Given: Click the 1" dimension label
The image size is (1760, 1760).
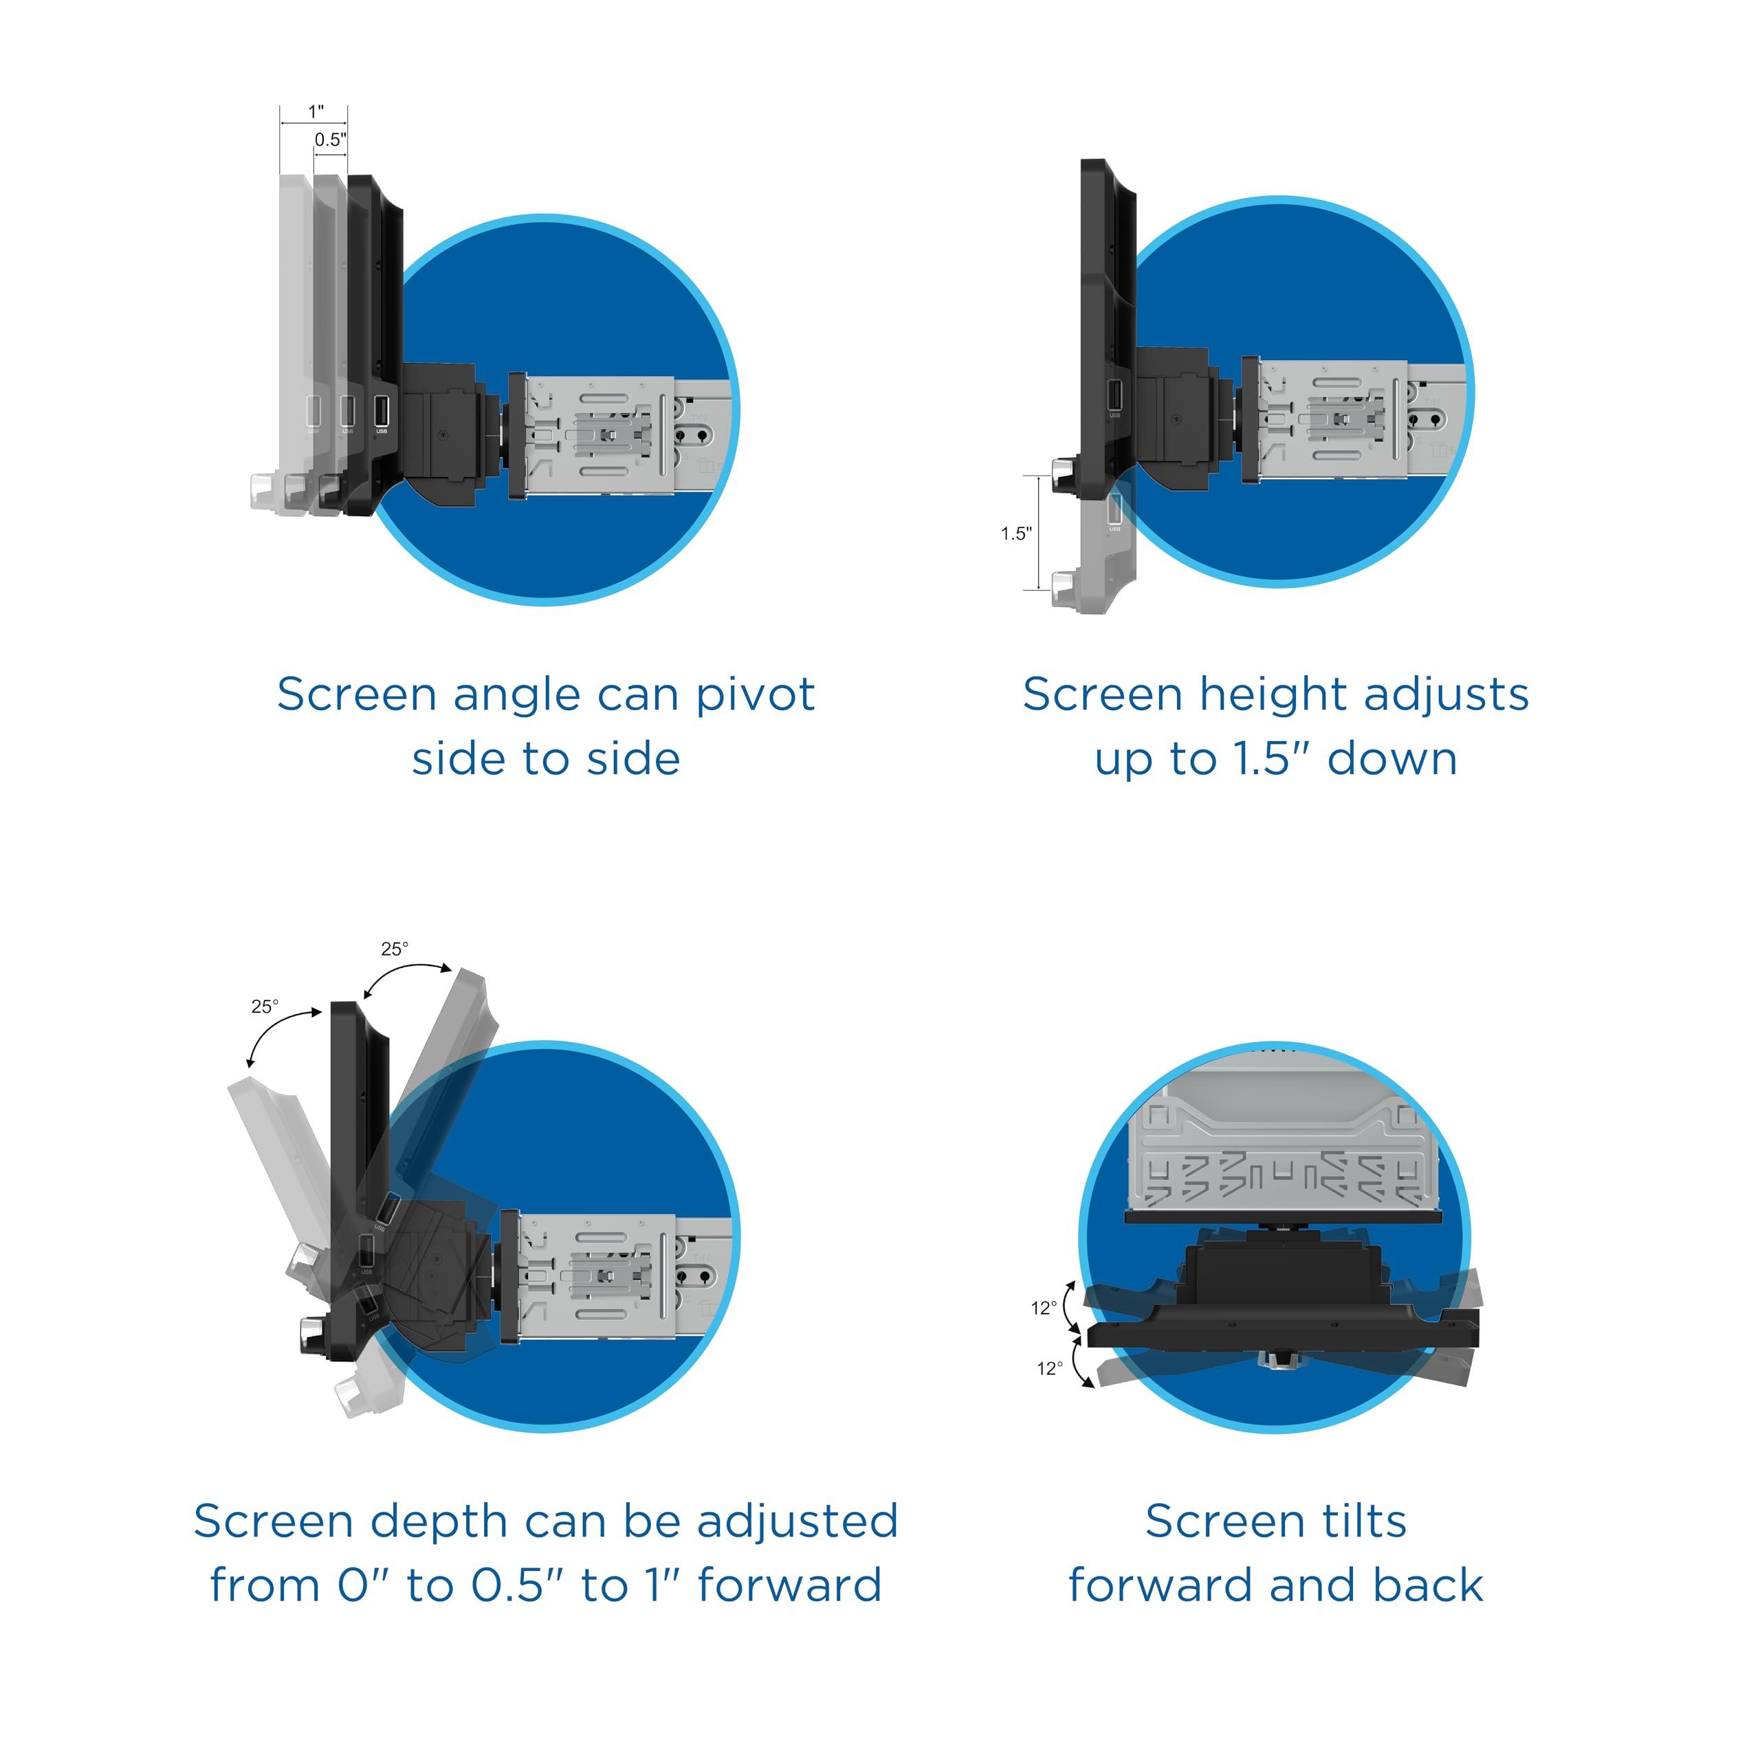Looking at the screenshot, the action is [315, 111].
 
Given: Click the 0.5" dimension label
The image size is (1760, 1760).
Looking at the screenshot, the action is [331, 140].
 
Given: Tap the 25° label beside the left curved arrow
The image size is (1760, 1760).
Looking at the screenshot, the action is [265, 1006].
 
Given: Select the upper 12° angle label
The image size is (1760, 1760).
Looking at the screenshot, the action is [1044, 1308].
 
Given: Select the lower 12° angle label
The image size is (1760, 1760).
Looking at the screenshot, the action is [1049, 1368].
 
